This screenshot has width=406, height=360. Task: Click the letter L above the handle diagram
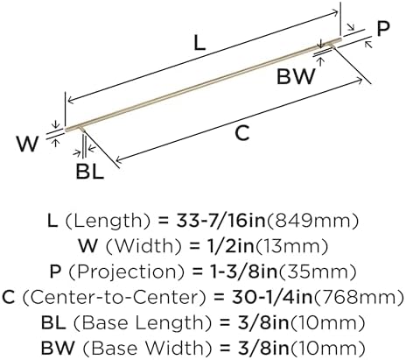tap(199, 44)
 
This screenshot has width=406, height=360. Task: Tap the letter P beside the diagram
tap(383, 29)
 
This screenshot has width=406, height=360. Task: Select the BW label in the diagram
tap(297, 76)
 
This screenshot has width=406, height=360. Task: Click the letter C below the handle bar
tap(242, 133)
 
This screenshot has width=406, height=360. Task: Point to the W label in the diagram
tap(28, 144)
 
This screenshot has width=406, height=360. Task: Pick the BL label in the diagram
tap(90, 172)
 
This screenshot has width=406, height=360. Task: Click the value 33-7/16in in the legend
tap(221, 221)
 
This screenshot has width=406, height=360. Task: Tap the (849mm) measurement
tap(312, 221)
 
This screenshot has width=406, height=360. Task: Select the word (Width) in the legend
tap(143, 246)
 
